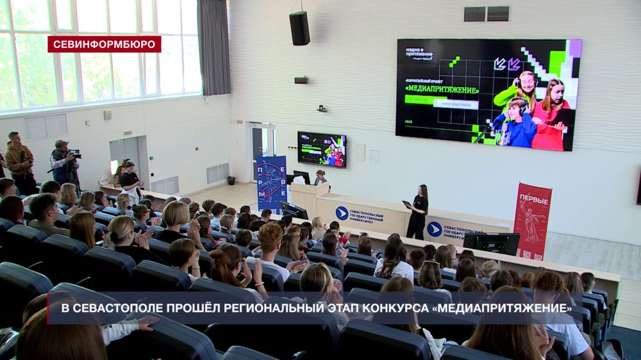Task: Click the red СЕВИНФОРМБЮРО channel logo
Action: pyautogui.click(x=104, y=44)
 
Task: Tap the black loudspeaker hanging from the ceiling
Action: pyautogui.click(x=299, y=28)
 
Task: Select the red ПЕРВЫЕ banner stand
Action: pyautogui.click(x=533, y=220)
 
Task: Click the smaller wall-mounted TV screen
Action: pyautogui.click(x=322, y=149)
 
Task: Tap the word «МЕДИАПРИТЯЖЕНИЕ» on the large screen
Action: pyautogui.click(x=442, y=90)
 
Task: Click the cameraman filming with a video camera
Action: pyautogui.click(x=65, y=164)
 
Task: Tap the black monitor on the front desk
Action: pyautogui.click(x=491, y=243)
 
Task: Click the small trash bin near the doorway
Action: pyautogui.click(x=231, y=181)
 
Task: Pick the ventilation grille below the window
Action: pyautogui.click(x=46, y=126)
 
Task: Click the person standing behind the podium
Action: pyautogui.click(x=320, y=177)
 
